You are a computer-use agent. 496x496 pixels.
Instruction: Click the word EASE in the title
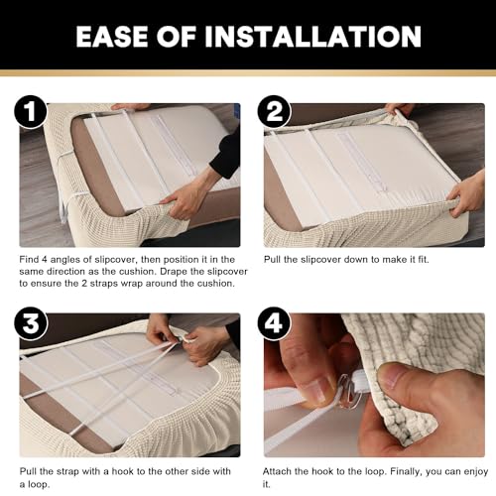112,36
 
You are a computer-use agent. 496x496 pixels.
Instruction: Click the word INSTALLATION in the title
312,36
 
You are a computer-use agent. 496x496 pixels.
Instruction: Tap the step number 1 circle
31,111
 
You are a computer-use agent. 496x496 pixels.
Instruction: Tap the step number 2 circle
274,111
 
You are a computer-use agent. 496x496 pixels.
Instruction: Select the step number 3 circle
31,323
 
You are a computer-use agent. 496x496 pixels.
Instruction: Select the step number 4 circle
274,323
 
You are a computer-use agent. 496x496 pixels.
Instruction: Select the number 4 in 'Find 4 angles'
45,260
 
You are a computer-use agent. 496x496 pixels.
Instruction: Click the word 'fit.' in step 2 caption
424,260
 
